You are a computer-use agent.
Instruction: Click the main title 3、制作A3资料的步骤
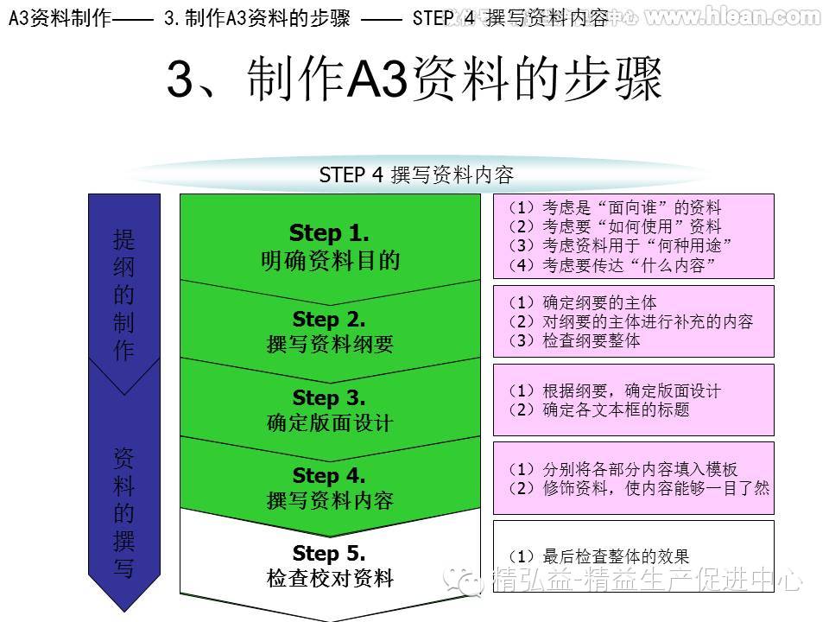tap(414, 81)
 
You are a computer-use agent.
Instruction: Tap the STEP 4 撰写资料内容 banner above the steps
tap(416, 175)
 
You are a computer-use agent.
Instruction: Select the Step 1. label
tap(329, 233)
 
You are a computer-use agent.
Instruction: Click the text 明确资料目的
tap(330, 260)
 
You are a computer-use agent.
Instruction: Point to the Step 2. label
tap(329, 320)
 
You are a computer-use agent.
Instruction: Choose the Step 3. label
tap(329, 397)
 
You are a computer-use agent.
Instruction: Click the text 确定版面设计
tap(330, 423)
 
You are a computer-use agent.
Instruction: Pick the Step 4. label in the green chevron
tap(329, 475)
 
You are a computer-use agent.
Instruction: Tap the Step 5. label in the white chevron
tap(329, 553)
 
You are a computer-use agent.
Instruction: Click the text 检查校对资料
tap(330, 579)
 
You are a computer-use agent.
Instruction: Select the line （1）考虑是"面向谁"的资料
tap(614, 207)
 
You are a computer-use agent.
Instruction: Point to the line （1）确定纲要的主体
tap(582, 302)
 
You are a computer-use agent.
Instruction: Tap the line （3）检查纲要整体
tap(573, 340)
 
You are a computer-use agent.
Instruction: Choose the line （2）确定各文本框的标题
tap(598, 409)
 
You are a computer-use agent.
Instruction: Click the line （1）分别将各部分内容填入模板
tap(622, 469)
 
